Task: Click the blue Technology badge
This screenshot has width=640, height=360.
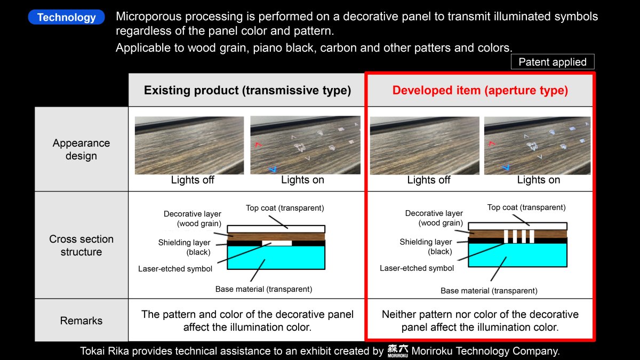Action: click(x=66, y=17)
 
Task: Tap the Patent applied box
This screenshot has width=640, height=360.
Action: click(x=553, y=62)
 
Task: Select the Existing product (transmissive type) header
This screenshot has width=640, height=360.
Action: click(x=247, y=90)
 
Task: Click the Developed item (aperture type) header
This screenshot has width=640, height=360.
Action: click(x=480, y=90)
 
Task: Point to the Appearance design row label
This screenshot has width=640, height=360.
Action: click(x=81, y=149)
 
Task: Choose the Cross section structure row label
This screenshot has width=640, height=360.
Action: click(x=81, y=245)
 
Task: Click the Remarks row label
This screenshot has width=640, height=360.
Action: click(x=81, y=321)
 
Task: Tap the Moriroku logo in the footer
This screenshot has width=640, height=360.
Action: click(x=398, y=351)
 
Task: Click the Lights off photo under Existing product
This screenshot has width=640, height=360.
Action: click(x=189, y=145)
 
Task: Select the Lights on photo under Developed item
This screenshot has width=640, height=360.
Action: click(x=537, y=145)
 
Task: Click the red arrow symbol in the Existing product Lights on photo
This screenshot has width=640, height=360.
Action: click(x=258, y=145)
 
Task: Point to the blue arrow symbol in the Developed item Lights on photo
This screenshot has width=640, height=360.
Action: click(x=506, y=167)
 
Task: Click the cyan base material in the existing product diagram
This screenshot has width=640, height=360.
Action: click(x=276, y=258)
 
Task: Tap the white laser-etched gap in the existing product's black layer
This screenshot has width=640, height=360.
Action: click(x=277, y=243)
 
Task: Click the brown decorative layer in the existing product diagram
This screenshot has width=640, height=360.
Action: click(x=276, y=237)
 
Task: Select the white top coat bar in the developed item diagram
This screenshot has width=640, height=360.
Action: click(x=518, y=226)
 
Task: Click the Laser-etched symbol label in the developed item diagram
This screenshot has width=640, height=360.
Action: click(x=417, y=268)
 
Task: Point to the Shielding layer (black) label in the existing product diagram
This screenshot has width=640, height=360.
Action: click(x=185, y=247)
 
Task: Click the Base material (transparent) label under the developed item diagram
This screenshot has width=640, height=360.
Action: click(x=489, y=291)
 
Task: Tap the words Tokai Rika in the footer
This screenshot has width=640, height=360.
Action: click(x=105, y=351)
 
